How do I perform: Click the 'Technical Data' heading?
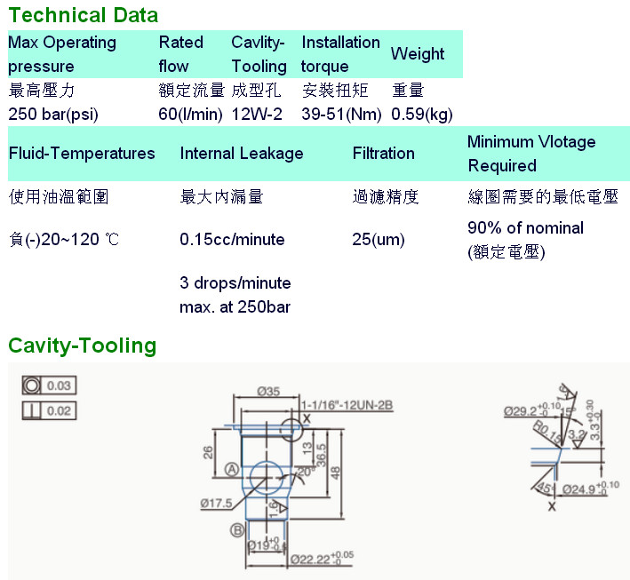[84, 14]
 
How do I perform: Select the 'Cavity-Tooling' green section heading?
[82, 345]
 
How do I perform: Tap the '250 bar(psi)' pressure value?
[53, 114]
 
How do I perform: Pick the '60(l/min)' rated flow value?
[191, 114]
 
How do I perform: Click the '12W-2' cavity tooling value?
[257, 114]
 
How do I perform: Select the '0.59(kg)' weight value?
[422, 114]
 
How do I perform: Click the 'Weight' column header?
[418, 54]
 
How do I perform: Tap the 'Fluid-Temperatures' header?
[82, 153]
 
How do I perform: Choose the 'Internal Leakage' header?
[242, 153]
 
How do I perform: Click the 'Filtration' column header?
[384, 153]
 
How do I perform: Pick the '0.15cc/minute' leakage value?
[232, 239]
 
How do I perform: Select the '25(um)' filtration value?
[379, 239]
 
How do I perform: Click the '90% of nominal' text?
[525, 227]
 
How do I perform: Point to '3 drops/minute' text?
[235, 283]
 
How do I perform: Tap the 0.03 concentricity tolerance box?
[50, 385]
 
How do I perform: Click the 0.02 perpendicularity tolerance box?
[50, 410]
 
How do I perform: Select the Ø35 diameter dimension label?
[269, 391]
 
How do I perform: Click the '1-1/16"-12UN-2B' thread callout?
[346, 404]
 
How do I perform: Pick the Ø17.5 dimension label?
[216, 503]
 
